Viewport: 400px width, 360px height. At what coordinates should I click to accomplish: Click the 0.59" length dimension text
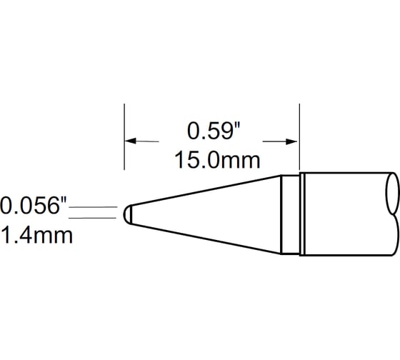click(x=211, y=131)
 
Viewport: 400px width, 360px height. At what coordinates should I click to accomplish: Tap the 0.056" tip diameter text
click(x=34, y=206)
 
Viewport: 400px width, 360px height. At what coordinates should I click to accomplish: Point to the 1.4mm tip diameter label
click(x=36, y=235)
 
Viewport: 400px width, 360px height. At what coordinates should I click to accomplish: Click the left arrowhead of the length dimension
click(x=130, y=141)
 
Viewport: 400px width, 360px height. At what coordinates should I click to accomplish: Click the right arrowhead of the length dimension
click(x=293, y=141)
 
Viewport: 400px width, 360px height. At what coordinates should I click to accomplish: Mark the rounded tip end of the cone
click(x=127, y=214)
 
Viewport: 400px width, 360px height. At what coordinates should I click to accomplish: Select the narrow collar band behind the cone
click(x=289, y=214)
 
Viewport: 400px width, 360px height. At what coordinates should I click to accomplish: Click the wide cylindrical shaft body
click(x=343, y=214)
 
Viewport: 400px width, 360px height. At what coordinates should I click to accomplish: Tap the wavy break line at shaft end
click(x=392, y=214)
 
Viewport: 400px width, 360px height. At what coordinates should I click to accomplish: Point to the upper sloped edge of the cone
click(x=207, y=191)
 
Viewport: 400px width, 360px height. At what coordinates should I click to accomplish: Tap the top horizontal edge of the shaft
click(x=343, y=172)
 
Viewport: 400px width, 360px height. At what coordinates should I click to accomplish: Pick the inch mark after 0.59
click(x=235, y=125)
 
